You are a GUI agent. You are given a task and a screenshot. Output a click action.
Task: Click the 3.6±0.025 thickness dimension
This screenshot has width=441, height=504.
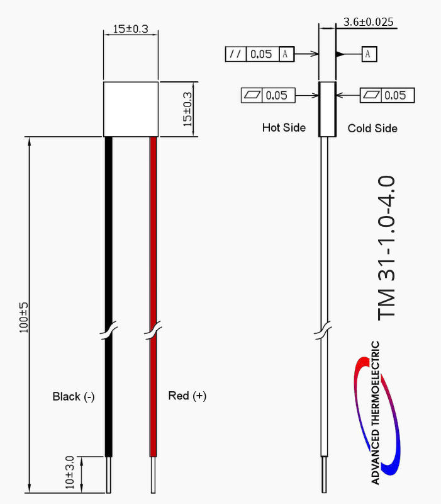pyautogui.click(x=368, y=22)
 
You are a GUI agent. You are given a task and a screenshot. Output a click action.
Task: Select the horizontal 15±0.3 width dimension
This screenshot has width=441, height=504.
pyautogui.click(x=130, y=29)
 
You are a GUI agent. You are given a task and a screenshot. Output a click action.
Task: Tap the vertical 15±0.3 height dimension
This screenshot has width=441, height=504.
pyautogui.click(x=188, y=109)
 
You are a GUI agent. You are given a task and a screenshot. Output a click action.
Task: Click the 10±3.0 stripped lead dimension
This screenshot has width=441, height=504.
pyautogui.click(x=70, y=473)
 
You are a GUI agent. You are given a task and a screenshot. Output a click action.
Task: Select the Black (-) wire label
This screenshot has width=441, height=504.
pyautogui.click(x=74, y=396)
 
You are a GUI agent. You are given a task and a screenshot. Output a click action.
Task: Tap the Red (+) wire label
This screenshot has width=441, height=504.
pyautogui.click(x=187, y=396)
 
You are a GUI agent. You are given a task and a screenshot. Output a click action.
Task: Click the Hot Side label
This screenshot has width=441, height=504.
pyautogui.click(x=284, y=128)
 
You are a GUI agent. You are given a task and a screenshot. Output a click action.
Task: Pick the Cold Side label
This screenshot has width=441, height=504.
pyautogui.click(x=372, y=128)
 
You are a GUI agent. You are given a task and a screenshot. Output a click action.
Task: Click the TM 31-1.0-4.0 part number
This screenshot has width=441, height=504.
pyautogui.click(x=386, y=247)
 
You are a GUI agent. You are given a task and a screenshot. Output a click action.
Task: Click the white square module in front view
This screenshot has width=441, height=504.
pyautogui.click(x=130, y=109)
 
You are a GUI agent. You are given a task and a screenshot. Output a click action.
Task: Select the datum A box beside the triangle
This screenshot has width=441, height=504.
pyautogui.click(x=369, y=54)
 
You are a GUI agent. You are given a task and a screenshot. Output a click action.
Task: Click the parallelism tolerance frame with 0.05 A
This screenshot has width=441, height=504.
pyautogui.click(x=259, y=54)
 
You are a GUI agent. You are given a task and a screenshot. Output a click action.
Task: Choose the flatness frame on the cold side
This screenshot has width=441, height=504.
pyautogui.click(x=387, y=96)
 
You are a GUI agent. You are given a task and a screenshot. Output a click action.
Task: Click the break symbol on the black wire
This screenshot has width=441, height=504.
pyautogui.click(x=109, y=330)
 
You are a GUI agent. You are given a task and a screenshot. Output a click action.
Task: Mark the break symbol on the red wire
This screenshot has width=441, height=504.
pyautogui.click(x=152, y=330)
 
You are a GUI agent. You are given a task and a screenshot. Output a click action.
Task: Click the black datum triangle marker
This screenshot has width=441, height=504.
pyautogui.click(x=340, y=54)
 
